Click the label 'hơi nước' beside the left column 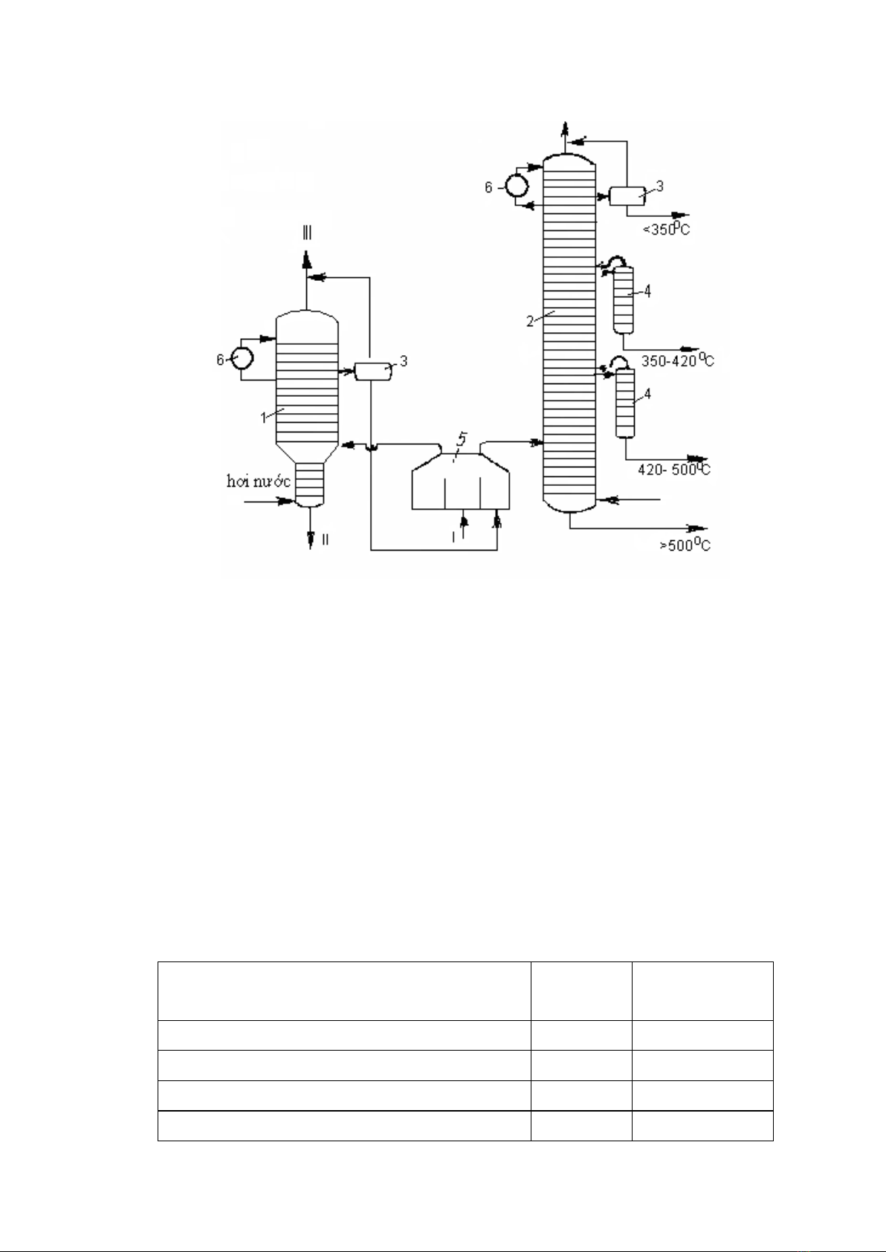[x=258, y=481]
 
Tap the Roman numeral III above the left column [x=307, y=233]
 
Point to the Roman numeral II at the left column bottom [x=325, y=539]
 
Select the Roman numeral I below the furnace [x=453, y=537]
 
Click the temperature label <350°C [x=666, y=229]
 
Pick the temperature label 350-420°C [x=677, y=360]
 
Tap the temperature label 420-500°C [x=674, y=470]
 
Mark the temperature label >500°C [x=685, y=545]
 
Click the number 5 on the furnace [x=461, y=439]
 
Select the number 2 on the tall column [x=530, y=322]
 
